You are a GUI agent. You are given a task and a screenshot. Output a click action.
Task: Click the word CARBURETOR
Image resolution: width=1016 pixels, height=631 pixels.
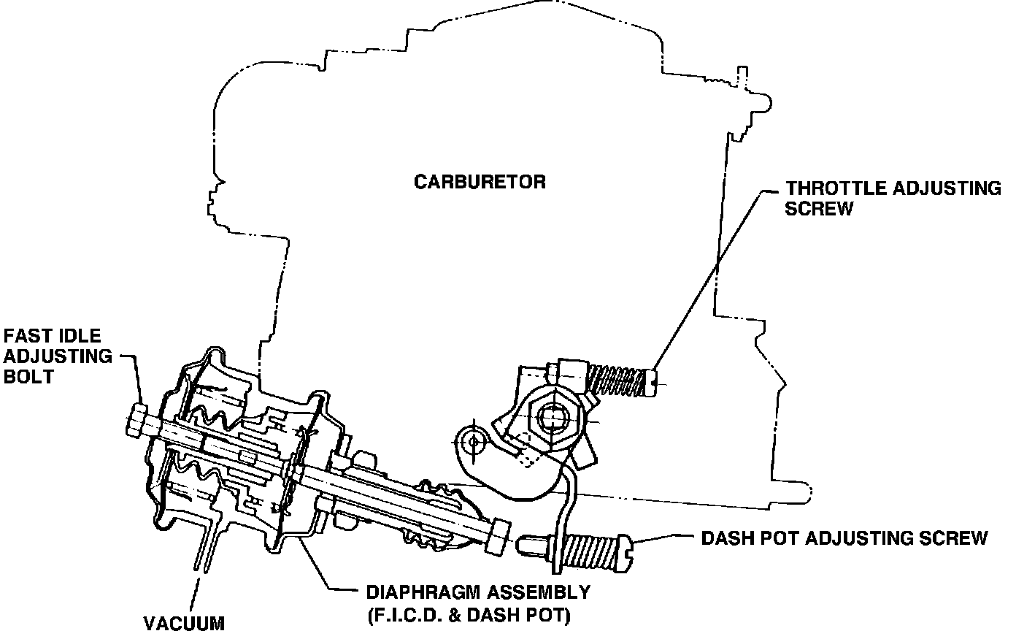(x=480, y=181)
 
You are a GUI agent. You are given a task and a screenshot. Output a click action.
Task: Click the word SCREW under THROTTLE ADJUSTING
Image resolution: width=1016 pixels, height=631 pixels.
(x=819, y=208)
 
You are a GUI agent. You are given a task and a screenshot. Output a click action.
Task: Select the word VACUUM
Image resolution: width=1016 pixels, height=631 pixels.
(x=183, y=623)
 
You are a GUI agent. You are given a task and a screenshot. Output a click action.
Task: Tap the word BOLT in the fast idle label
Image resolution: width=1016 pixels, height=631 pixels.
(x=28, y=378)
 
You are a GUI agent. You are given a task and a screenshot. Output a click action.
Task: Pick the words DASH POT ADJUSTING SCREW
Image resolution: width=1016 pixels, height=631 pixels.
(x=844, y=538)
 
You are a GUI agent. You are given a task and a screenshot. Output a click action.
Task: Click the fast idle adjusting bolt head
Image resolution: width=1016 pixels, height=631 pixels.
(x=136, y=421)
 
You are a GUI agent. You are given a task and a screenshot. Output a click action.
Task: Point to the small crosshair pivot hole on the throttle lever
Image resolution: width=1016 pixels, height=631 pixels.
(x=474, y=440)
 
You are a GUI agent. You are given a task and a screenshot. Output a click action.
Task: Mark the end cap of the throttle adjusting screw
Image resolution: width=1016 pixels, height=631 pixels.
(x=652, y=380)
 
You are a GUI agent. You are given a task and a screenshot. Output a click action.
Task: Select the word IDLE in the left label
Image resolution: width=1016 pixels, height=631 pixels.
(x=77, y=337)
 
